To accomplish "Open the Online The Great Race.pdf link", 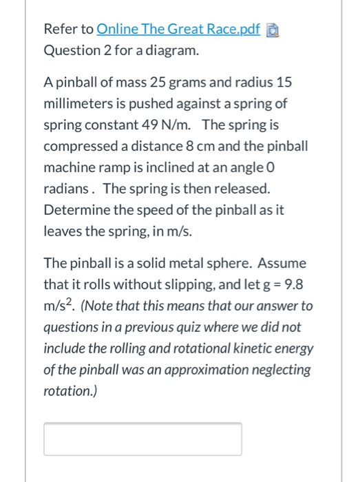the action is [x=179, y=30].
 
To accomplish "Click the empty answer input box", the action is [x=142, y=439].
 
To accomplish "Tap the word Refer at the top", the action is [x=59, y=30].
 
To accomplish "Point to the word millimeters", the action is [x=76, y=105].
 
